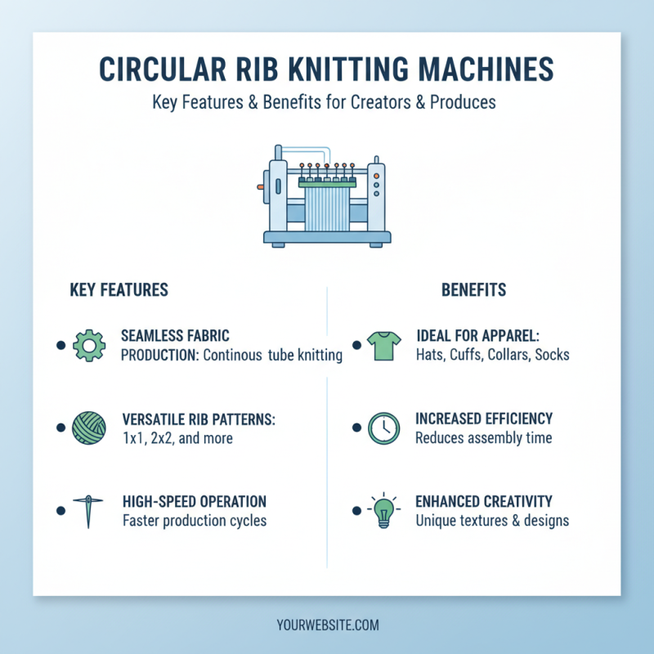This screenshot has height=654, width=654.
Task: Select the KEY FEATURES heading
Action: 119,290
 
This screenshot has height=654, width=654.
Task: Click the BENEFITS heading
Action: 473,290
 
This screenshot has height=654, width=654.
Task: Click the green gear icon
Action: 89,346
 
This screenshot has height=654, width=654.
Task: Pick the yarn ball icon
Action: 89,428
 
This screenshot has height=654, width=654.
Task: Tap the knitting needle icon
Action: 88,510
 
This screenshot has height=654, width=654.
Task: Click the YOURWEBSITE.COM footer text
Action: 327,625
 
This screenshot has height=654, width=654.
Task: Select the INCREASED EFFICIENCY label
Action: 484,419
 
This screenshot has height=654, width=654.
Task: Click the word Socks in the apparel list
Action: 552,356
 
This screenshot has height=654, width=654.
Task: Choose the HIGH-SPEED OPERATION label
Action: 194,501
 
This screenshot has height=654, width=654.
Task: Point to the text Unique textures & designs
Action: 492,520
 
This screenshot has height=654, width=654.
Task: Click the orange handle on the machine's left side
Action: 260,187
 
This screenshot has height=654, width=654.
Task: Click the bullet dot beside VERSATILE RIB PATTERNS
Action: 60,428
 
